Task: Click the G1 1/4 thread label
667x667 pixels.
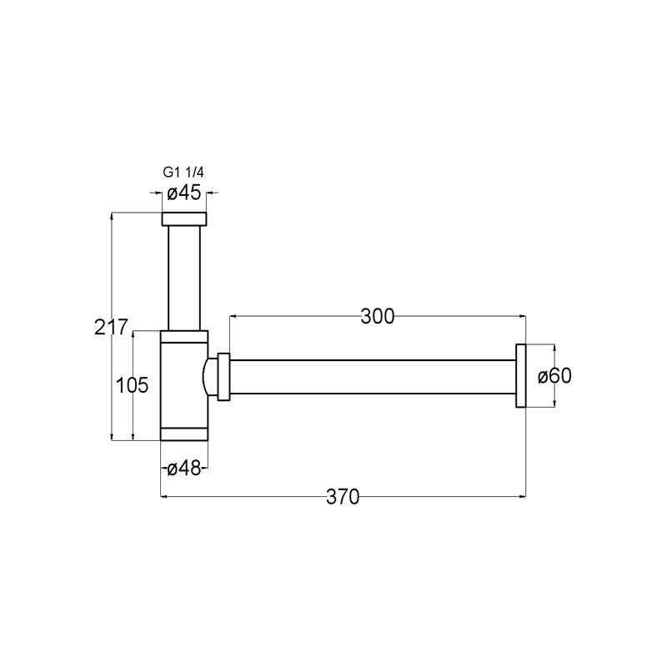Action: pyautogui.click(x=183, y=173)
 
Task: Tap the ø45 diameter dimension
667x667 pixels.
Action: pyautogui.click(x=183, y=193)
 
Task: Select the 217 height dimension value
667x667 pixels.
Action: pyautogui.click(x=111, y=327)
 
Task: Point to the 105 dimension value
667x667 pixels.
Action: pyautogui.click(x=132, y=385)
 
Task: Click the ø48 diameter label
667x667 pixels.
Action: pyautogui.click(x=183, y=469)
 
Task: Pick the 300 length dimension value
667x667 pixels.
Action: pyautogui.click(x=378, y=317)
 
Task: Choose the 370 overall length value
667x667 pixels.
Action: pyautogui.click(x=343, y=496)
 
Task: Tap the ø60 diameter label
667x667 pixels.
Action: pyautogui.click(x=554, y=376)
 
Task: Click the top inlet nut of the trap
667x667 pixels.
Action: pyautogui.click(x=183, y=218)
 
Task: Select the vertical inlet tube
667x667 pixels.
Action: pyautogui.click(x=183, y=278)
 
